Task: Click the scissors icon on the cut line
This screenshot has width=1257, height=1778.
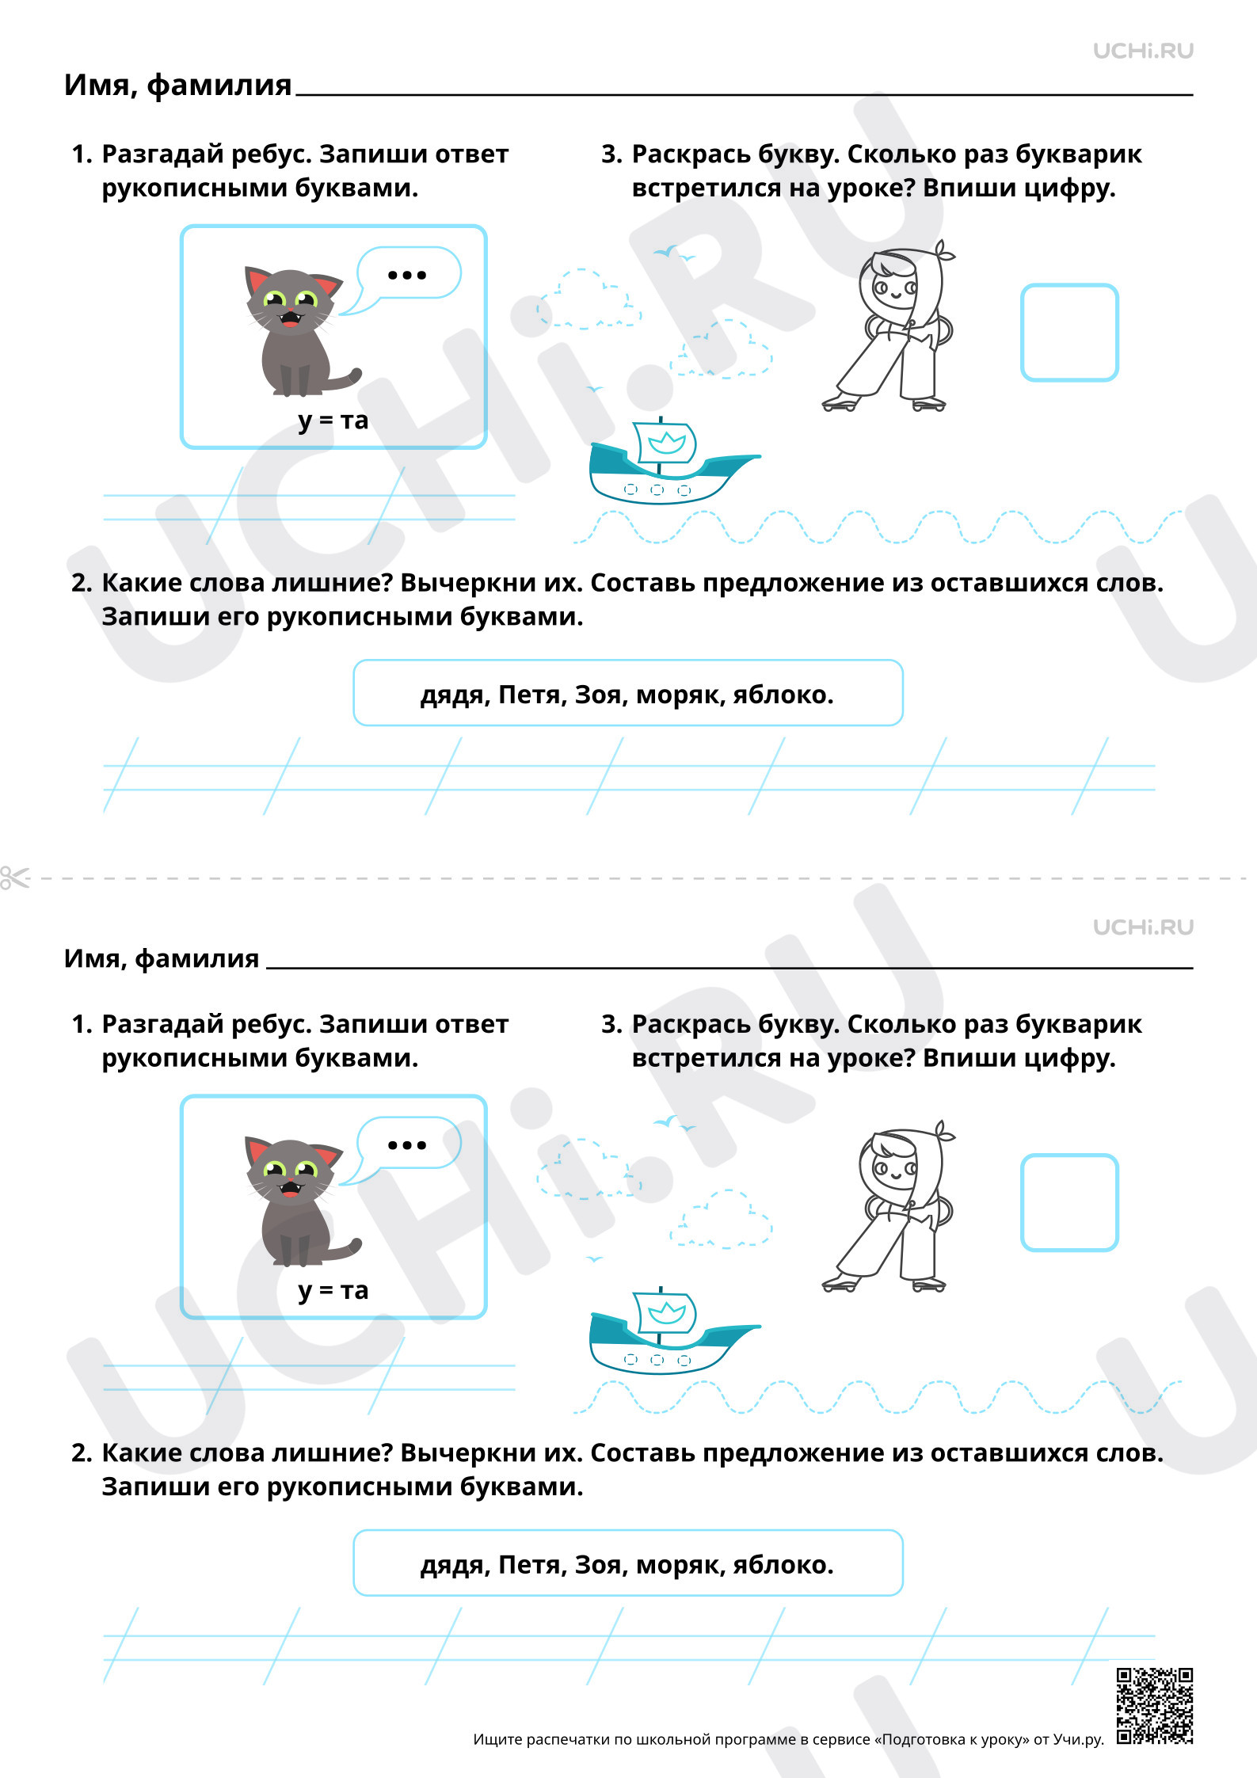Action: pos(14,878)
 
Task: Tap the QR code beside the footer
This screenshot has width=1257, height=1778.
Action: pos(1154,1705)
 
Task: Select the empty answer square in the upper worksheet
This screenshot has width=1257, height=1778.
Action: pos(1069,333)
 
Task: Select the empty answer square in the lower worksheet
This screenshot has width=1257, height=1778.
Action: pos(1069,1202)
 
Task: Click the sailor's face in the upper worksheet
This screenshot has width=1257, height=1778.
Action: pos(893,287)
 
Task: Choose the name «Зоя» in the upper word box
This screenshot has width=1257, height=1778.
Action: pos(598,695)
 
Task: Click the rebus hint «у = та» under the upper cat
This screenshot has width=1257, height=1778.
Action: pos(333,420)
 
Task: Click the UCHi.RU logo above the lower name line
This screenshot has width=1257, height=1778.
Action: pos(1143,927)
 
